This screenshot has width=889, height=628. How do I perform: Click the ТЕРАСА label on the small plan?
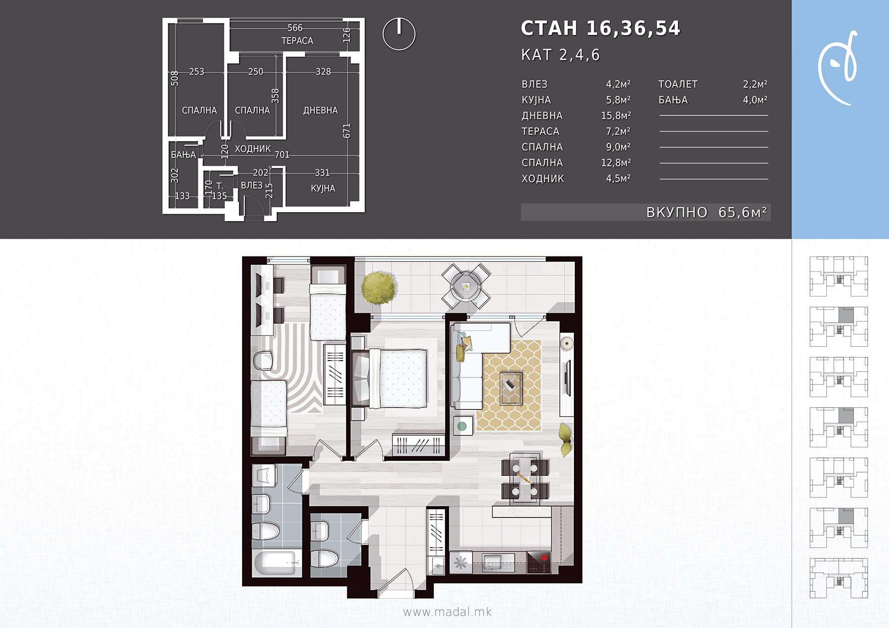point(297,40)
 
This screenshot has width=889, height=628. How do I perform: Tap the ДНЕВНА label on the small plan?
point(321,111)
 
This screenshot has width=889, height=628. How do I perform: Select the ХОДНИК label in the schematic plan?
point(252,148)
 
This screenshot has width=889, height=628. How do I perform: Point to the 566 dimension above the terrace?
point(295,28)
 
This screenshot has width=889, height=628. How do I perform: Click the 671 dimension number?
point(347,131)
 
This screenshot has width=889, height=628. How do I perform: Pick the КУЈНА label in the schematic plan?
point(323,188)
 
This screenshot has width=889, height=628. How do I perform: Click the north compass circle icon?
point(399,34)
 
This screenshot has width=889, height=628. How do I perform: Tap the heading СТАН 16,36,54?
point(601,28)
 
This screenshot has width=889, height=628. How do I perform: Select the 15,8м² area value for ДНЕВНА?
point(616,115)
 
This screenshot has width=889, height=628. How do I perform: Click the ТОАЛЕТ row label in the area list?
point(678,84)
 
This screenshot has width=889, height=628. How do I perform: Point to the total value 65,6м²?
point(742,212)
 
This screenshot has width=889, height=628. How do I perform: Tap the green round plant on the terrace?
point(379,287)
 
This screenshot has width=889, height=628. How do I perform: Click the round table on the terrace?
point(466,286)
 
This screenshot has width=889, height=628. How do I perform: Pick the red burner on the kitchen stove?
point(544,558)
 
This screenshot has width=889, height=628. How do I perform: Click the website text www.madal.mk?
point(447,612)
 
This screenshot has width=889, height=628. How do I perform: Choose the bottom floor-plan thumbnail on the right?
point(839,578)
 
